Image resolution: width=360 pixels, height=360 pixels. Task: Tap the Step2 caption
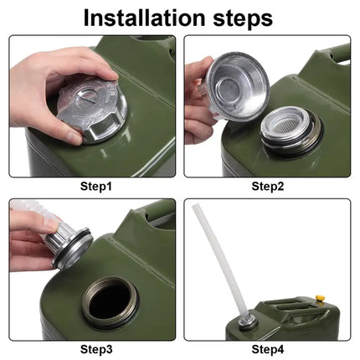[268, 186]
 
